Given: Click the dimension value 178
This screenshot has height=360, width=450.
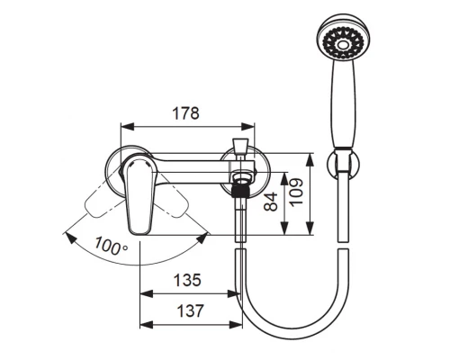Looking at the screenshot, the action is [185, 113].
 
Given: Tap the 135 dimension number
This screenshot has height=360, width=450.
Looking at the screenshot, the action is [187, 280].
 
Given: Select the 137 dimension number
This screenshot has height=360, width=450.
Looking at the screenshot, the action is [191, 310].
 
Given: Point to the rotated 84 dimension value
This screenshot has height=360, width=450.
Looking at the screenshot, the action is [271, 202].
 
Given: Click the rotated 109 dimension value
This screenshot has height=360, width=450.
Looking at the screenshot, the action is [297, 192].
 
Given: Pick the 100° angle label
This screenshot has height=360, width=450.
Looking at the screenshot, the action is [111, 246].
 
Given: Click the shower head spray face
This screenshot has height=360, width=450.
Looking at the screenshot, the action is [343, 45].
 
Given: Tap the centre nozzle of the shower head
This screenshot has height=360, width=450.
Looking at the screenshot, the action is [342, 45].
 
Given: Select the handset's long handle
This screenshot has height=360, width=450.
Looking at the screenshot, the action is [343, 104].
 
